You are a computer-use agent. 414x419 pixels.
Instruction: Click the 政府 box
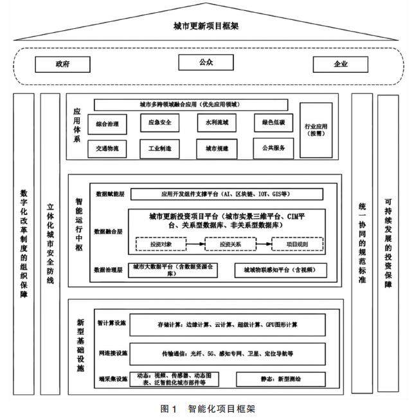[x=62, y=64]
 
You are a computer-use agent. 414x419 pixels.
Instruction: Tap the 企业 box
[x=340, y=64]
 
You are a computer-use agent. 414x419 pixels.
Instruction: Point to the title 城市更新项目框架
[x=206, y=26]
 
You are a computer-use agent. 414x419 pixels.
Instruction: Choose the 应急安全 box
[x=159, y=122]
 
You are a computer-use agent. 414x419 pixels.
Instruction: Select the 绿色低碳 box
[x=273, y=122]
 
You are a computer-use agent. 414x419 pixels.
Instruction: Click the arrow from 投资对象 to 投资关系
[x=194, y=245]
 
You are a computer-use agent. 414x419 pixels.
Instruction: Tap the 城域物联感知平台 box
[x=280, y=270]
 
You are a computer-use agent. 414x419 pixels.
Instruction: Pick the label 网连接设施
[x=111, y=353]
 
